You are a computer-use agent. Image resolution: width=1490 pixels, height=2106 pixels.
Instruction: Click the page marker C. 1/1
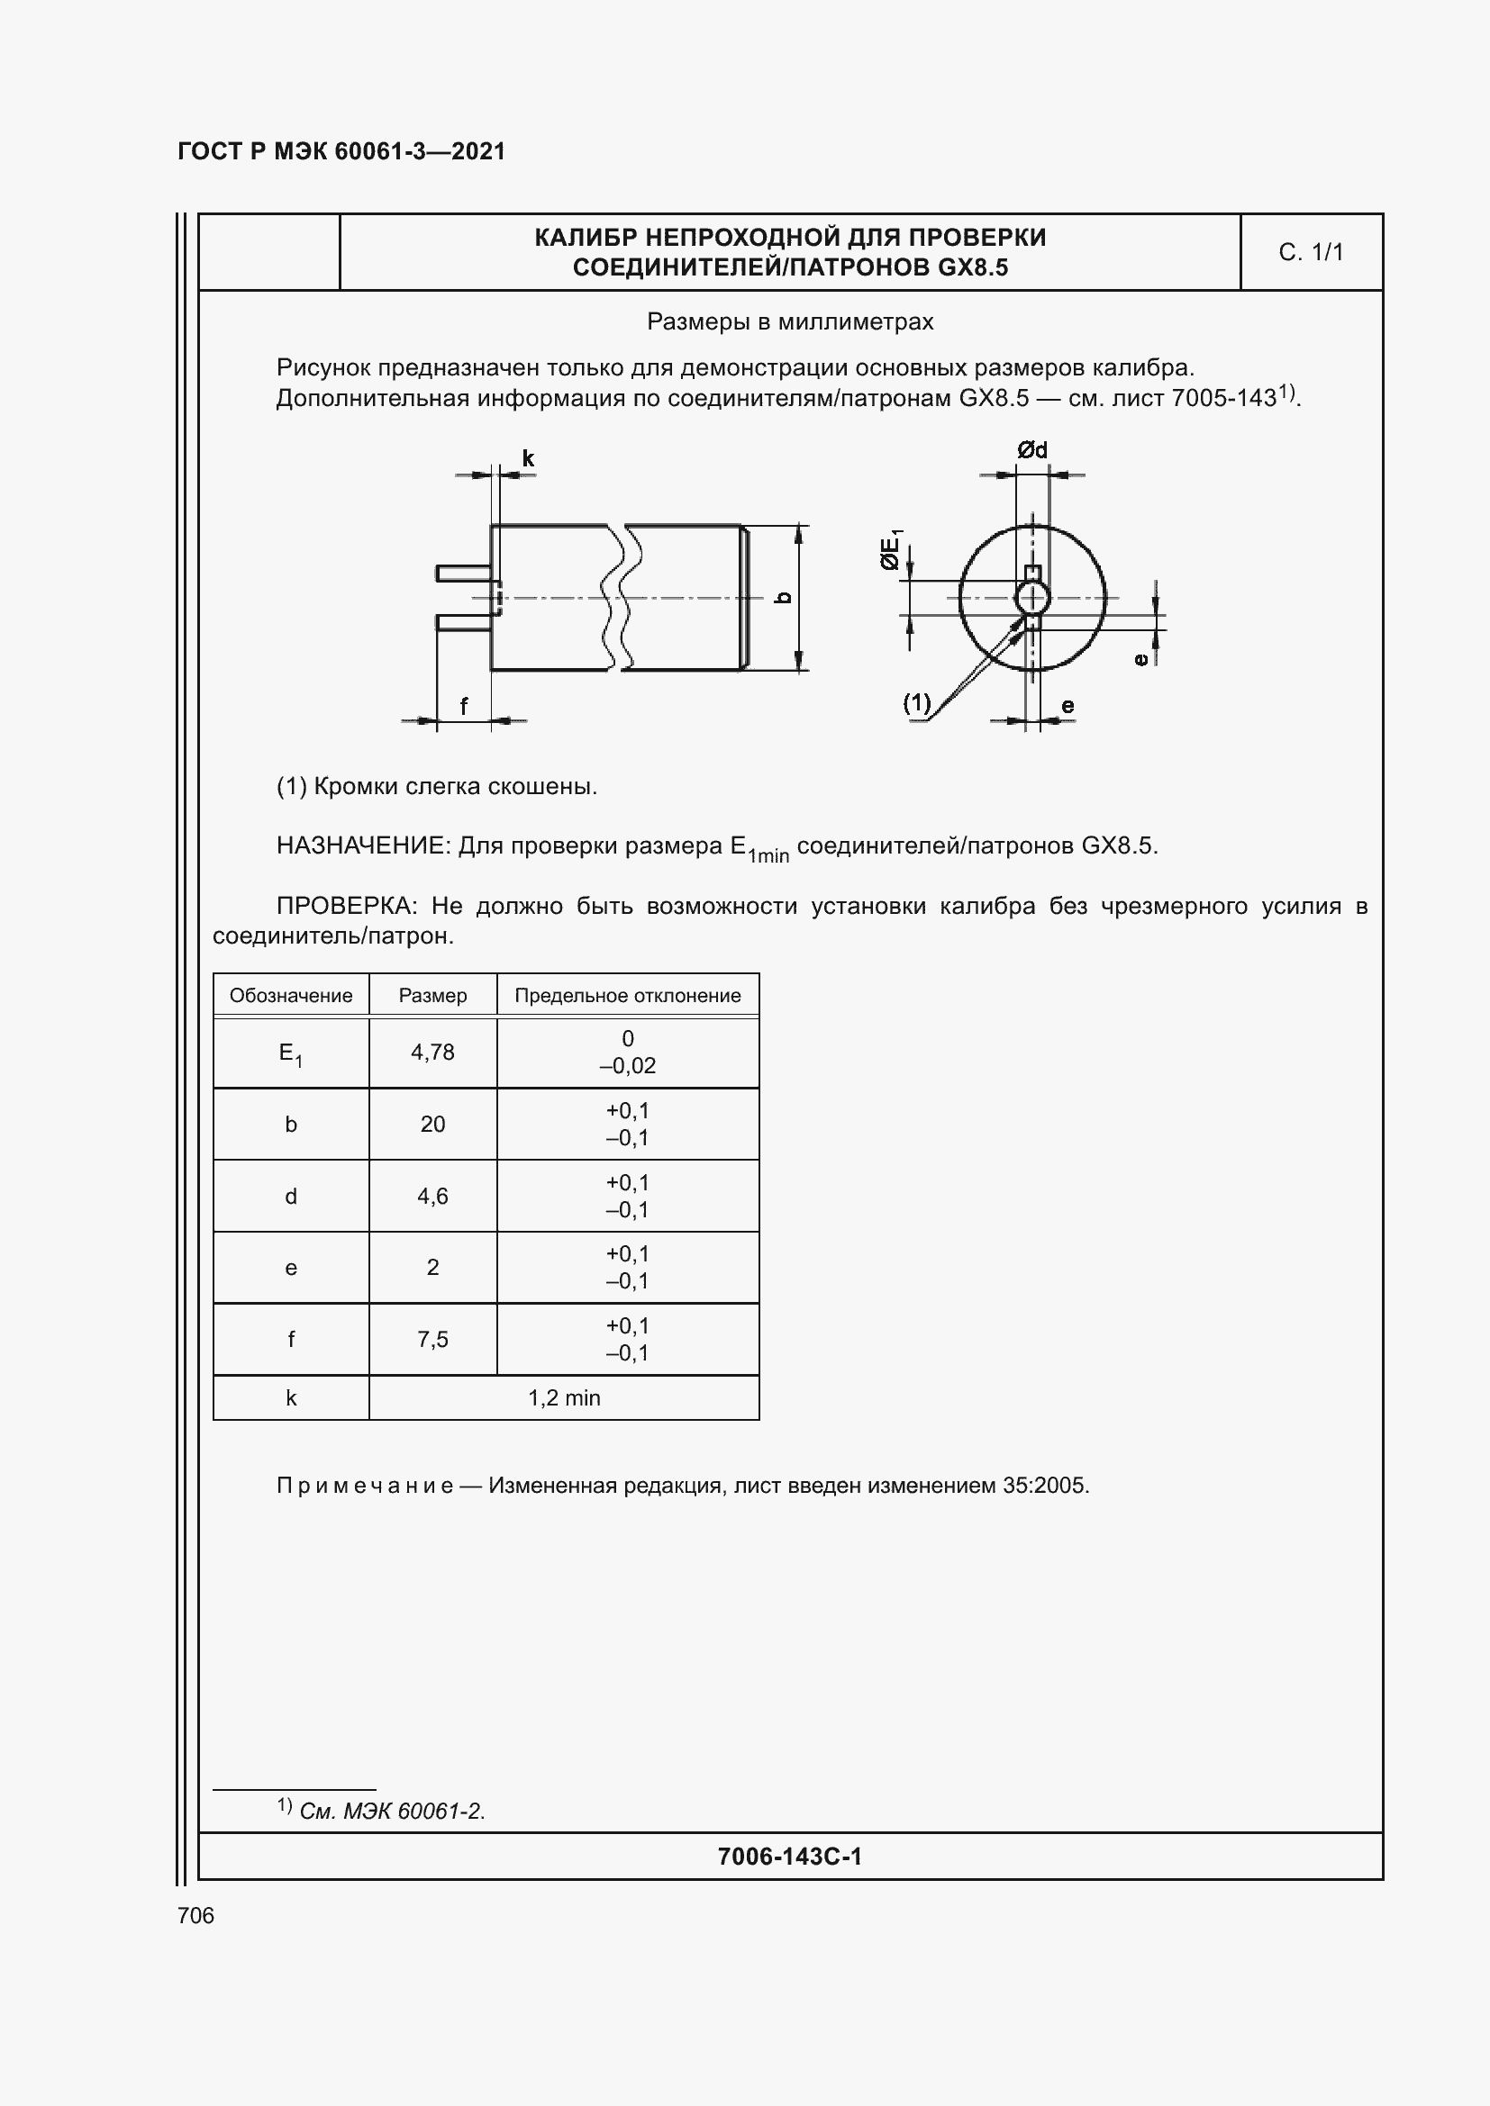1310,252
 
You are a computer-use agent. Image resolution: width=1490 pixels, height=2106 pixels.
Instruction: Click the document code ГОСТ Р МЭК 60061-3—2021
341,151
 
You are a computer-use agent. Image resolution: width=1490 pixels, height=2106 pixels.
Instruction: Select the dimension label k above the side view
528,458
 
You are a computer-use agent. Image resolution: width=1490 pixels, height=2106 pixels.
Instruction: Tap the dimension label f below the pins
463,706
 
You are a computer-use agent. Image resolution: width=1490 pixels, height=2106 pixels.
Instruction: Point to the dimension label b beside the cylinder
784,597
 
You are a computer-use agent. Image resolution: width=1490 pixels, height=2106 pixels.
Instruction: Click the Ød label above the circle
1032,450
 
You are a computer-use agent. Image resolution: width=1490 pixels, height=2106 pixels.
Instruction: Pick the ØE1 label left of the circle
891,550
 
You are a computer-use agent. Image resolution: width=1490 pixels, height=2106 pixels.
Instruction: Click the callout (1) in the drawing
916,703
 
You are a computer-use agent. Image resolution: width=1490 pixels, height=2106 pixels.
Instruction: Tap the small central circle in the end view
1033,598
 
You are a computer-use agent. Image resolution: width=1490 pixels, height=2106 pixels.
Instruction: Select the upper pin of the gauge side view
463,574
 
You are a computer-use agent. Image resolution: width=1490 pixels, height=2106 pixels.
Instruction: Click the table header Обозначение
291,995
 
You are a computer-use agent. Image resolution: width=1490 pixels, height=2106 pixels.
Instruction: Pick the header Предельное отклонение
628,995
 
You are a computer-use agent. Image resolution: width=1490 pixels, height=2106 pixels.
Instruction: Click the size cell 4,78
432,1052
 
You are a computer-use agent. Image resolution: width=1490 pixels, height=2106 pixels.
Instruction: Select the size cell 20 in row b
432,1124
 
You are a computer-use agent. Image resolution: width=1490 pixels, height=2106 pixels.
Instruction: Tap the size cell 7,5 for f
432,1339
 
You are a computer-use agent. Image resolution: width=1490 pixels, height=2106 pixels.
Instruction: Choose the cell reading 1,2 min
563,1398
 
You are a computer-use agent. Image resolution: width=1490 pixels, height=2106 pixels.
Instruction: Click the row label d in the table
291,1196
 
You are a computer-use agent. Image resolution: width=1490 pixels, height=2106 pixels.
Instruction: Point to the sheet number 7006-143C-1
789,1857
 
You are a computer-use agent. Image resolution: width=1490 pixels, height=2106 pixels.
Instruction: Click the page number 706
195,1915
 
